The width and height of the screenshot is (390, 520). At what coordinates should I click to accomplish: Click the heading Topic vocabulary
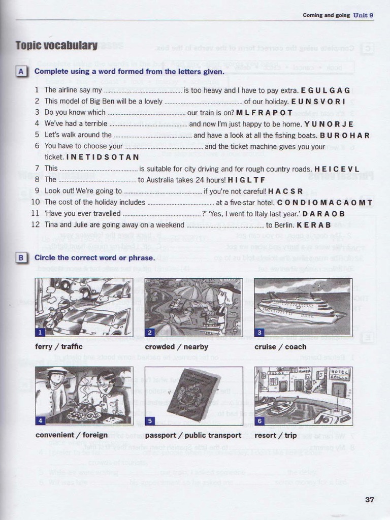tap(56, 46)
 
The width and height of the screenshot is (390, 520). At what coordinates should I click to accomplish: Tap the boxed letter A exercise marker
tap(21, 72)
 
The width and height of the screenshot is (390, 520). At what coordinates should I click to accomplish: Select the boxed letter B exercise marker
tap(21, 258)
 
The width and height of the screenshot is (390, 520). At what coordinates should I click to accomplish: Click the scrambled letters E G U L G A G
tap(326, 90)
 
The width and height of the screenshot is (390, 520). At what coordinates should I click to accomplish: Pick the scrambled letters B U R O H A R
tap(345, 135)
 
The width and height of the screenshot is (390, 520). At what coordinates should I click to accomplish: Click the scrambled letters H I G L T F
tap(246, 180)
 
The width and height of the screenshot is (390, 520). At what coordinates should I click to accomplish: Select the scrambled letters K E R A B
tap(314, 224)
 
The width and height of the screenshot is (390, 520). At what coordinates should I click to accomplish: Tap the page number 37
tap(370, 500)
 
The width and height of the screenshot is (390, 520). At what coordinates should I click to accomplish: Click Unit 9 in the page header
tap(364, 15)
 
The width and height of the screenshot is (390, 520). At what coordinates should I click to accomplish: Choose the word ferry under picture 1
tap(44, 347)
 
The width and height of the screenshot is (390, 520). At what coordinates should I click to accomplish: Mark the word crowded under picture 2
tap(160, 347)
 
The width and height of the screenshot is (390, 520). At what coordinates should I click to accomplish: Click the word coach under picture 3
tap(296, 347)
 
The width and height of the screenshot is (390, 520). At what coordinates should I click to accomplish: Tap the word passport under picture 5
tap(161, 435)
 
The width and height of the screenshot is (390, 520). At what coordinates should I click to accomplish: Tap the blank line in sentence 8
tap(97, 180)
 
